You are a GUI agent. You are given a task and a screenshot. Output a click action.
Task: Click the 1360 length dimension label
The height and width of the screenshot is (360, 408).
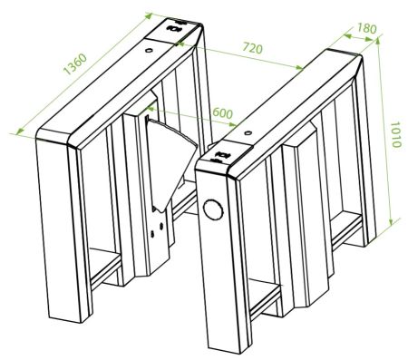pyautogui.click(x=75, y=64)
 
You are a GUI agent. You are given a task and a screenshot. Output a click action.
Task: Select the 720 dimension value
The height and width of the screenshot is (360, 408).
pyautogui.click(x=253, y=48)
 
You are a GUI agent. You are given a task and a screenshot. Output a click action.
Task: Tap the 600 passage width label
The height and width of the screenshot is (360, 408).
pyautogui.click(x=223, y=112)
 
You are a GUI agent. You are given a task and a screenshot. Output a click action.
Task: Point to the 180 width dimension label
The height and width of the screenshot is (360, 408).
pyautogui.click(x=367, y=28)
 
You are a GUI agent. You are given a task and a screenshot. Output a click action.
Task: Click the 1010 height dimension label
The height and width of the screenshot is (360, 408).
pyautogui.click(x=395, y=134)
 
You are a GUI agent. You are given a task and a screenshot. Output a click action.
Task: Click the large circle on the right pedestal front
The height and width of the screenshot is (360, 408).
pyautogui.click(x=213, y=209)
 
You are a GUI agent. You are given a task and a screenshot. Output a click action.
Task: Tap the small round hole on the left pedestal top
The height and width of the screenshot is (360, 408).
pyautogui.click(x=149, y=50)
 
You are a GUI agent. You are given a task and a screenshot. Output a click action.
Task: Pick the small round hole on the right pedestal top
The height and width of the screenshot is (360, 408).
pyautogui.click(x=248, y=132)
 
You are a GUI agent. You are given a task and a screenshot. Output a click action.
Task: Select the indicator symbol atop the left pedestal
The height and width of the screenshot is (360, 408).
pyautogui.click(x=174, y=28)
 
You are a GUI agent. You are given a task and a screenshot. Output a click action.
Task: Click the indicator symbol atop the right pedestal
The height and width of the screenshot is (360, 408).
pyautogui.click(x=223, y=155)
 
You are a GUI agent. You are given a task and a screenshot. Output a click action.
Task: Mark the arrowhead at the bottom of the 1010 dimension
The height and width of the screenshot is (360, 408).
pyautogui.click(x=391, y=222)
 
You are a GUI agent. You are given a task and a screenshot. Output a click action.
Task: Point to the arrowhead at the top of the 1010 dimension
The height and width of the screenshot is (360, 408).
pyautogui.click(x=378, y=42)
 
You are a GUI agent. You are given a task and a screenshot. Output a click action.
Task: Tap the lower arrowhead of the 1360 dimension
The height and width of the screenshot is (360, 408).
pyautogui.click(x=20, y=131)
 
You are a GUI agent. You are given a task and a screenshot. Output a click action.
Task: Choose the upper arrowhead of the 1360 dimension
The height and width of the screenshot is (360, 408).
pyautogui.click(x=149, y=15)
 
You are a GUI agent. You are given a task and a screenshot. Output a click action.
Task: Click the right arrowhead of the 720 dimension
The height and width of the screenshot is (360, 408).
pyautogui.click(x=298, y=67)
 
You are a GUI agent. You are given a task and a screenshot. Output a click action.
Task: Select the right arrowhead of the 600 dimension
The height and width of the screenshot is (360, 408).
pyautogui.click(x=232, y=124)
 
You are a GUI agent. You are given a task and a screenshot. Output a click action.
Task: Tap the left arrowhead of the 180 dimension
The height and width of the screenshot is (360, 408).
pyautogui.click(x=347, y=36)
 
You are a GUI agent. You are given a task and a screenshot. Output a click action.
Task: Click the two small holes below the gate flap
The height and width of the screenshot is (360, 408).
pyautogui.click(x=157, y=229)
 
